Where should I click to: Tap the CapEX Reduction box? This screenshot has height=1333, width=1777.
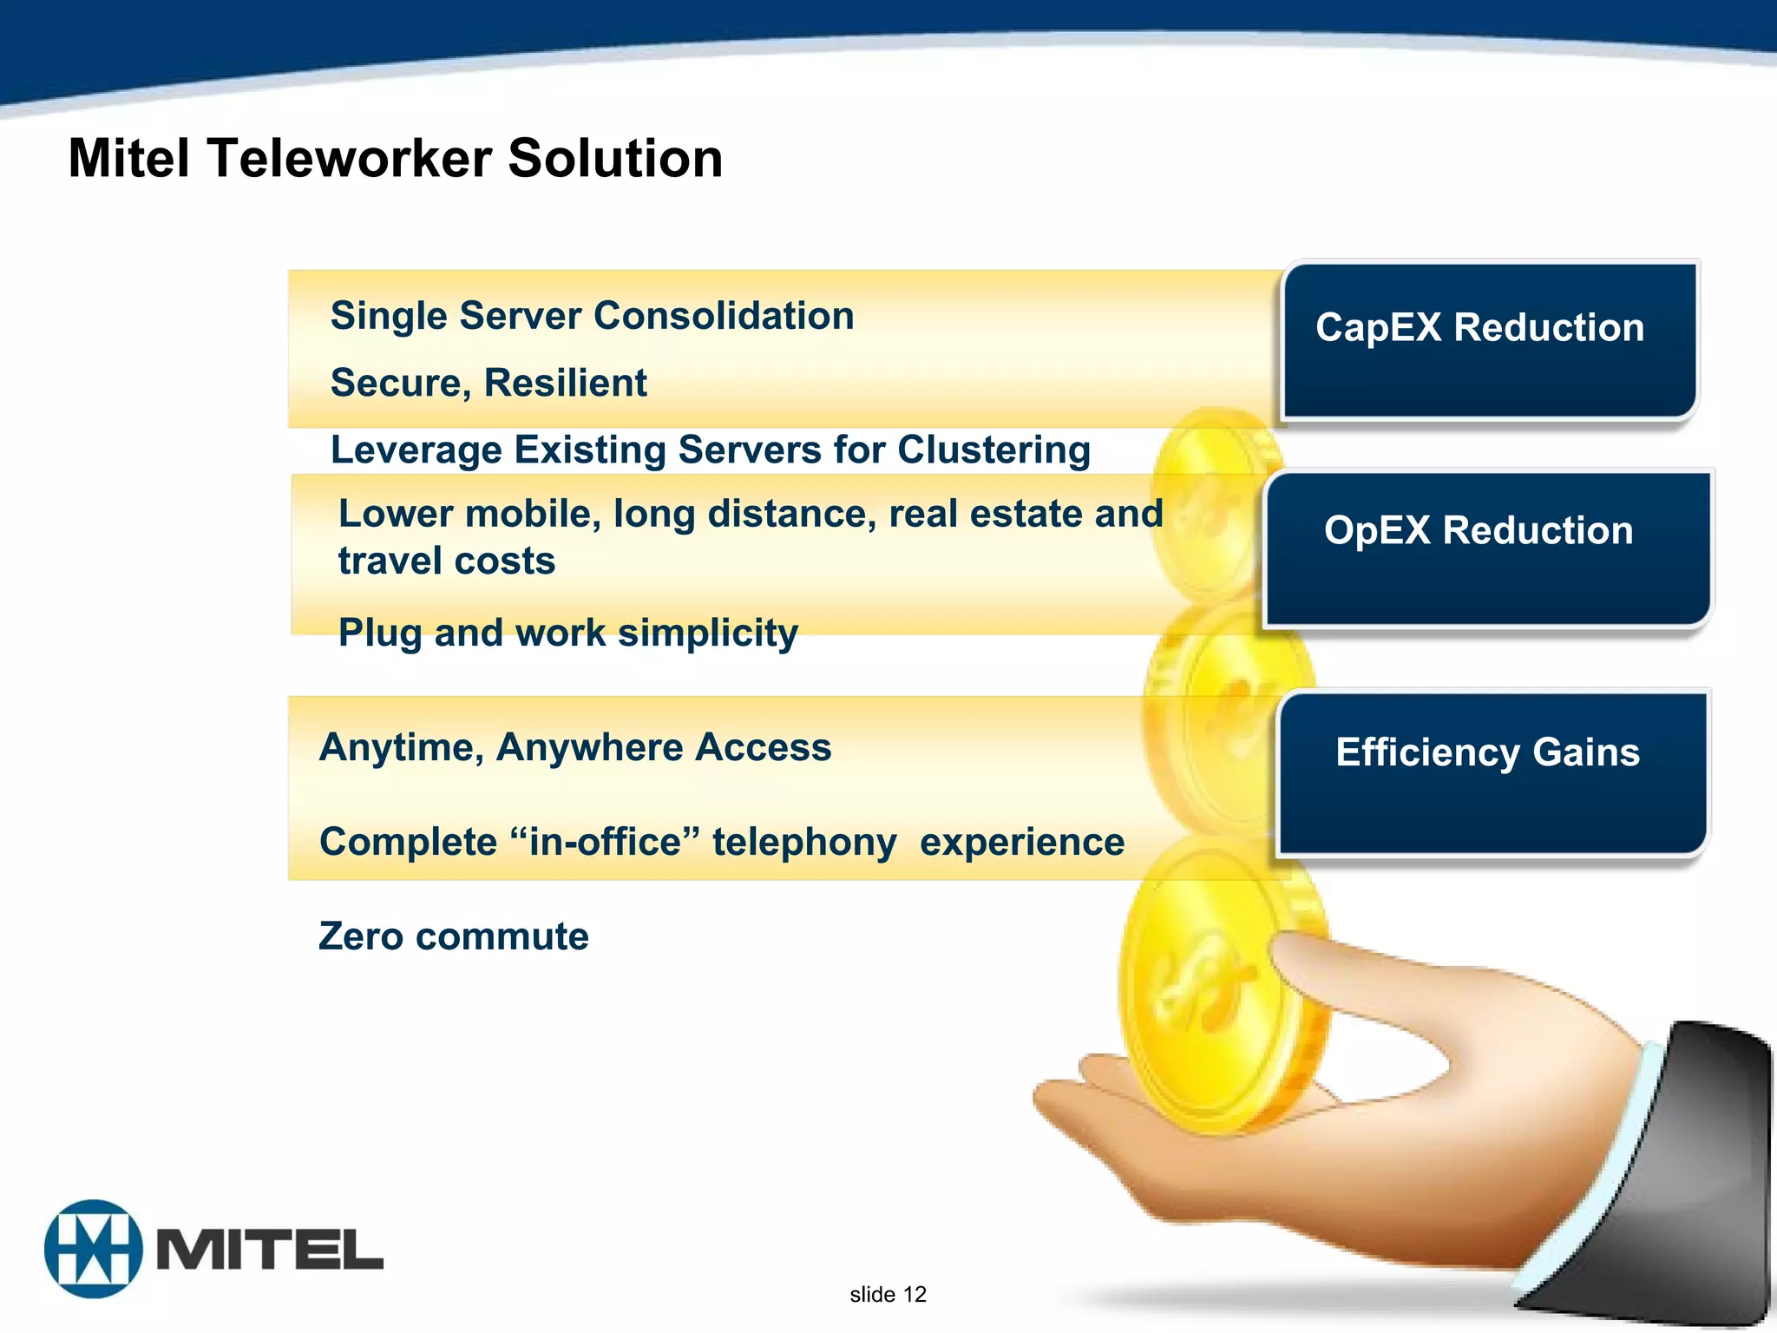point(1489,340)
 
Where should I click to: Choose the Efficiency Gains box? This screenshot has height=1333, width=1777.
point(1491,772)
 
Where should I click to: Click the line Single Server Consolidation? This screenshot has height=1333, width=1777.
point(592,316)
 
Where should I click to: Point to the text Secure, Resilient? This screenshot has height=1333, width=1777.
point(489,383)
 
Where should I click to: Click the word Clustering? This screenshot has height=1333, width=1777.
point(993,450)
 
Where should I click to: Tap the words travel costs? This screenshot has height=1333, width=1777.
point(446,561)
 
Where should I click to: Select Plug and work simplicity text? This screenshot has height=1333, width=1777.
point(567,633)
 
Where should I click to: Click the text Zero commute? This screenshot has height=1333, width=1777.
point(453,936)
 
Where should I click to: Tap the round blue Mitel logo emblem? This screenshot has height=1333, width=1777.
point(93,1248)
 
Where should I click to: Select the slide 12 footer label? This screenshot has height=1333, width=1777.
point(888,1295)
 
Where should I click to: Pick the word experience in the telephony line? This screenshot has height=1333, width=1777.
point(1021,842)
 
